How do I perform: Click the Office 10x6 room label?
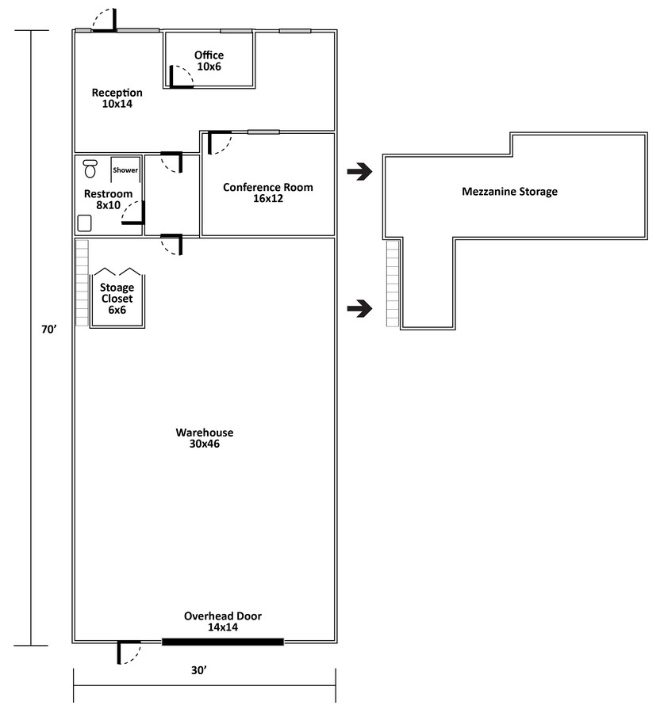tap(209, 61)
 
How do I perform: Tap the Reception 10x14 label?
tap(117, 98)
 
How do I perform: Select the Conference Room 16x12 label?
tap(267, 193)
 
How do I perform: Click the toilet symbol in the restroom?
tap(90, 168)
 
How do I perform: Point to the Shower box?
tap(125, 170)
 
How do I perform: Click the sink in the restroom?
tap(85, 223)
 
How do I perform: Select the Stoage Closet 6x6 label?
tap(117, 299)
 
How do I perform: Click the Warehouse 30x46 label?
tap(204, 438)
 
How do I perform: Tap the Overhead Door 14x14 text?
tap(222, 621)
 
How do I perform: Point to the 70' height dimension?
tap(48, 330)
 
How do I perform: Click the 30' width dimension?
tap(198, 670)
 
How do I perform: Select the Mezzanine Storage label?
tap(509, 192)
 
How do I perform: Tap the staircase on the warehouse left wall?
tap(81, 283)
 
